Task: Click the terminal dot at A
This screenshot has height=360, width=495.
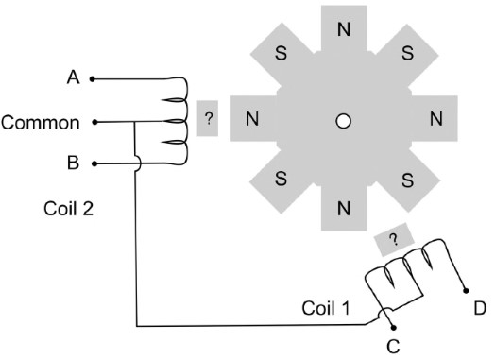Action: [x=93, y=79]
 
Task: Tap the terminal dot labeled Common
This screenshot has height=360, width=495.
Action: [x=94, y=122]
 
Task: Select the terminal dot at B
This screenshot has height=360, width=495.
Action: [x=94, y=163]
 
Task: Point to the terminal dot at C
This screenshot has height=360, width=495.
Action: [x=393, y=328]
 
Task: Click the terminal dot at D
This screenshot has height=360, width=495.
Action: [x=466, y=291]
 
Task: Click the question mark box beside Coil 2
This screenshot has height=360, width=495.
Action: [x=208, y=118]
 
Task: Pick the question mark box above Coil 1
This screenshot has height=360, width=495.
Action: [x=394, y=240]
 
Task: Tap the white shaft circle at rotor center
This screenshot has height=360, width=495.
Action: [x=344, y=121]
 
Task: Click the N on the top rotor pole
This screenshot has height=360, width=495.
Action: [x=344, y=29]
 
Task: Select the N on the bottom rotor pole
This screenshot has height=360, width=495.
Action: [x=344, y=209]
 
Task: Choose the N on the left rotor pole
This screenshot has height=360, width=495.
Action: [x=252, y=119]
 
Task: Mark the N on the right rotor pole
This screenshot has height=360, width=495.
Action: [x=436, y=119]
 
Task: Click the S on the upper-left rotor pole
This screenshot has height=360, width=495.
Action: [x=281, y=53]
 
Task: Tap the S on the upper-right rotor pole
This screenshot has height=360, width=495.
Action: [x=408, y=53]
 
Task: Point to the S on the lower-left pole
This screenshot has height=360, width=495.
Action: [x=281, y=179]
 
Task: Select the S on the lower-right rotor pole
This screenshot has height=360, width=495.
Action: [x=408, y=180]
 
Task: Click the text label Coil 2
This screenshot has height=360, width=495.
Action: [x=69, y=209]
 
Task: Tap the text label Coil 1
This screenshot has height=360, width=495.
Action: [x=326, y=308]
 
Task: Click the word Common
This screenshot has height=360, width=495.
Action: [x=40, y=123]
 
